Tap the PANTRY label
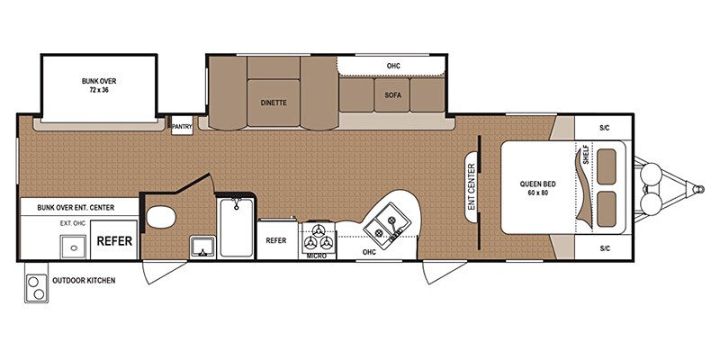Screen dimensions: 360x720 click(x=183, y=128)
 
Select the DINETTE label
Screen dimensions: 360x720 click(x=274, y=103)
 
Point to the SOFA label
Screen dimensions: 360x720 click(x=392, y=94)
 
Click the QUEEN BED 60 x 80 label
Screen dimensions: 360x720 click(x=537, y=189)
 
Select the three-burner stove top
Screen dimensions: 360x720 click(x=319, y=238)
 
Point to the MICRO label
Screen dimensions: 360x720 click(x=315, y=256)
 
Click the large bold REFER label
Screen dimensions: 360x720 click(x=115, y=241)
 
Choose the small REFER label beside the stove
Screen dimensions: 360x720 click(x=275, y=240)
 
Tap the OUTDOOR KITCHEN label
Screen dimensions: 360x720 click(x=83, y=280)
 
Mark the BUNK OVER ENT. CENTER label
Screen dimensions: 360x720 click(x=79, y=207)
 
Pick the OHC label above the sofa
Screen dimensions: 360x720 click(x=392, y=66)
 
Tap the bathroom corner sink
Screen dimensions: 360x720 click(x=201, y=247)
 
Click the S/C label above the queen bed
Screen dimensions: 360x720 click(x=604, y=128)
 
